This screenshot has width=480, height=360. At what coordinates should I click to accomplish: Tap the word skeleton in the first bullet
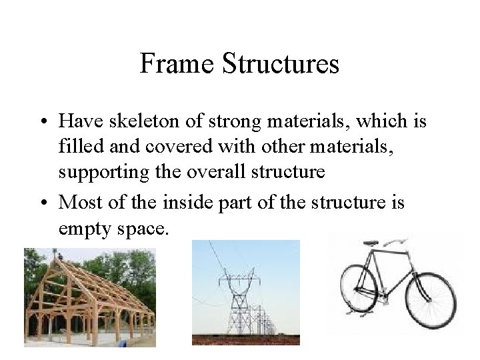coord(139,122)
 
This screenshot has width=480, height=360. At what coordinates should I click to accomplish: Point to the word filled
coord(75,146)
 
